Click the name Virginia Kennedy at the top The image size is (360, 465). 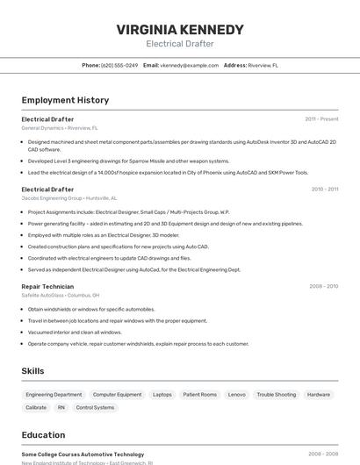click(x=179, y=30)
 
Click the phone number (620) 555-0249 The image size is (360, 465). click(x=119, y=65)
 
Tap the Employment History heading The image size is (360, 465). click(x=65, y=100)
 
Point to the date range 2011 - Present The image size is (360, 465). click(x=321, y=118)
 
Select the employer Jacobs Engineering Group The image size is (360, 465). click(x=51, y=198)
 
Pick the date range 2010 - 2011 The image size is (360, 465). click(x=324, y=189)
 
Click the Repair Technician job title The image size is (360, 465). click(x=47, y=286)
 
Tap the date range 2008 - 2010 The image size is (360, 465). click(x=323, y=286)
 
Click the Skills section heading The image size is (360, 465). click(x=32, y=371)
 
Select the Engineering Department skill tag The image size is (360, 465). click(x=54, y=395)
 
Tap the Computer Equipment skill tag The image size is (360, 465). click(x=117, y=395)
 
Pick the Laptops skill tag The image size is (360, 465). click(x=162, y=395)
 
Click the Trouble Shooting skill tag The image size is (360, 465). click(x=276, y=395)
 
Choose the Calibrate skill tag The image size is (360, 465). click(x=36, y=407)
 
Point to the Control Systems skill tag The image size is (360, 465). click(x=95, y=407)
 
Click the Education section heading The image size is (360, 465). click(x=43, y=435)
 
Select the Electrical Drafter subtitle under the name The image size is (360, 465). click(x=179, y=44)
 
